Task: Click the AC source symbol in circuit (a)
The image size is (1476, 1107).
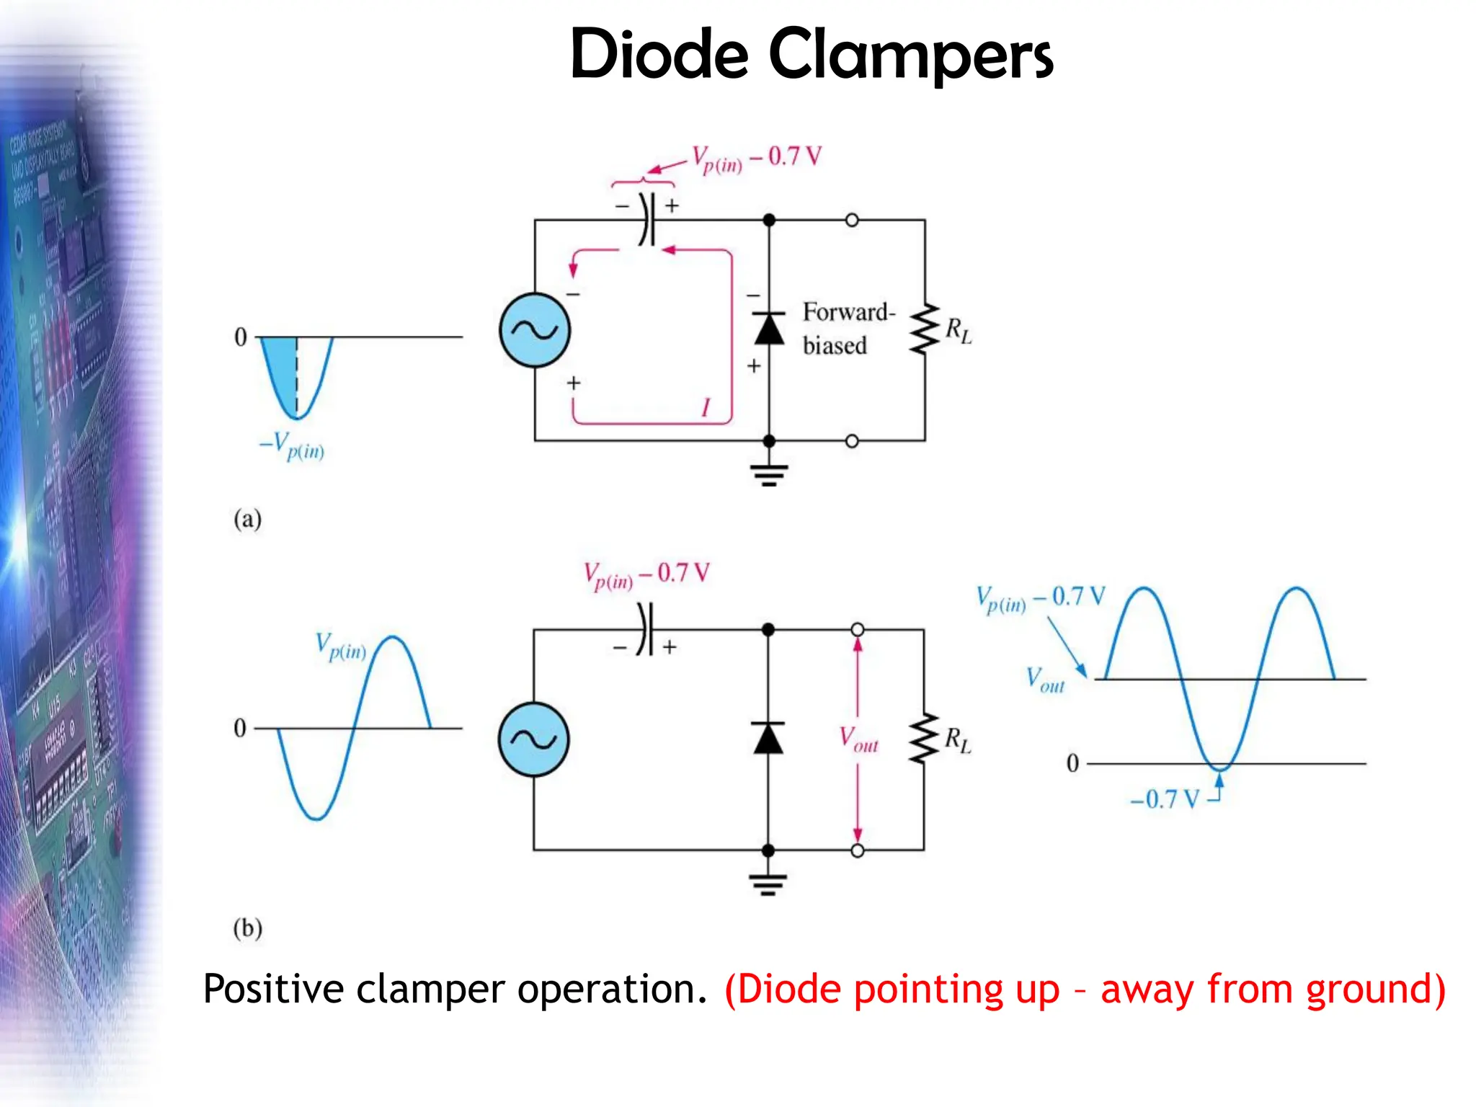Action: click(535, 330)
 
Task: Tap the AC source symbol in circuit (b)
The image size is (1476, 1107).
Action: click(533, 739)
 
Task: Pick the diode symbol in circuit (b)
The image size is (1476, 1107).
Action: click(768, 738)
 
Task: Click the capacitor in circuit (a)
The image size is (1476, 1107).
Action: click(647, 219)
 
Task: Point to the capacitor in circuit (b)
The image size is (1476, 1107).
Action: click(645, 629)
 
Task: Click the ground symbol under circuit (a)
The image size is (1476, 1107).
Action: click(769, 474)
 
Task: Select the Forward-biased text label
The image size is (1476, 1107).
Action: click(848, 329)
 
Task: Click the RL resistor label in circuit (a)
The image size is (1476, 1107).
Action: click(958, 331)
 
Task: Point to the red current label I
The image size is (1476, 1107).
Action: click(706, 408)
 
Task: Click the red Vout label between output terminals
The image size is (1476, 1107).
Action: click(858, 739)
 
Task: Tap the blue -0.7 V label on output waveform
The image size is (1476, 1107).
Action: click(1164, 799)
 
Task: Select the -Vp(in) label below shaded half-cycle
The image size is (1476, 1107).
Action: click(293, 445)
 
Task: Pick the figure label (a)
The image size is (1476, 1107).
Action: click(247, 519)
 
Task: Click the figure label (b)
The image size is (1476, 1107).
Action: click(247, 928)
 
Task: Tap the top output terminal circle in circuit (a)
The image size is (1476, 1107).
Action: click(852, 220)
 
